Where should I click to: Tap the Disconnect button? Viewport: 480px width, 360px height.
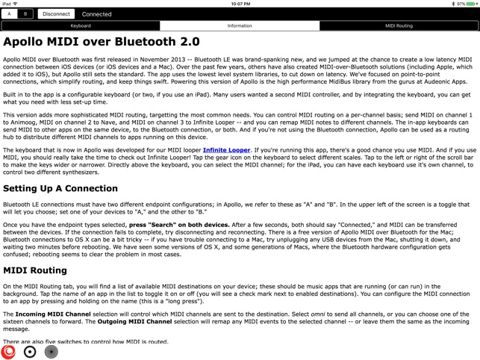pos(56,13)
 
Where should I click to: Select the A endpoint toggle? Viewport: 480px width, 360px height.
pos(10,13)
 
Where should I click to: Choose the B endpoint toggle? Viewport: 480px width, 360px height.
pos(25,13)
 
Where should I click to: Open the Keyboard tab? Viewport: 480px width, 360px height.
pos(81,25)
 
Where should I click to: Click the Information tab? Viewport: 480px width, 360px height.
pos(240,25)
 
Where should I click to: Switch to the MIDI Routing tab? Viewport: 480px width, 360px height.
pos(399,25)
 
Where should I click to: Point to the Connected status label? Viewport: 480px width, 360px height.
pos(97,13)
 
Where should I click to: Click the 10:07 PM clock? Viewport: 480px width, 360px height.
pos(240,4)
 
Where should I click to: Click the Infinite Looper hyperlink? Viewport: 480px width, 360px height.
pos(226,150)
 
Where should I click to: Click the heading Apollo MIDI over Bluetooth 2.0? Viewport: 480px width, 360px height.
pos(102,42)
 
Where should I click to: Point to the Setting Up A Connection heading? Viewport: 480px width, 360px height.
pos(60,188)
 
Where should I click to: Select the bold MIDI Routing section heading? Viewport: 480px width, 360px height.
pos(35,270)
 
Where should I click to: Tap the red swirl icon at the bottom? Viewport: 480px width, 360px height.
pos(9,351)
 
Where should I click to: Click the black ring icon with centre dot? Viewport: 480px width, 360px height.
pos(30,351)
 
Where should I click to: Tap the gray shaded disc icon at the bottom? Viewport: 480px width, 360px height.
pos(51,351)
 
